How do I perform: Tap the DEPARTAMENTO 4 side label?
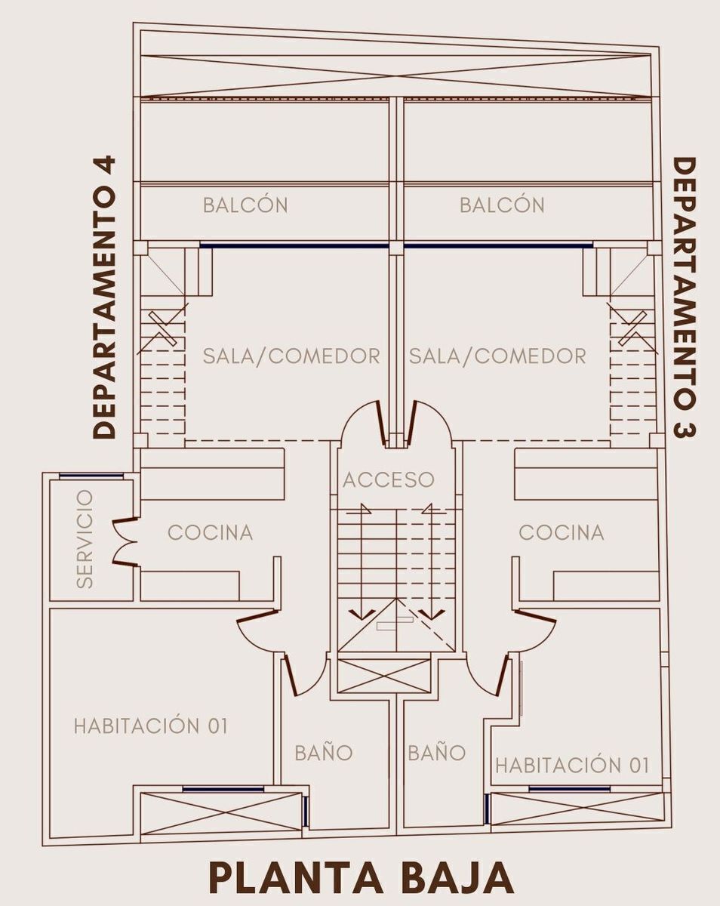click(103, 297)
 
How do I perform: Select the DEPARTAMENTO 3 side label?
click(685, 298)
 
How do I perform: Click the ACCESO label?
click(389, 480)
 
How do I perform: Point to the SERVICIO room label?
click(85, 539)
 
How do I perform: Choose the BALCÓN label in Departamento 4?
click(245, 205)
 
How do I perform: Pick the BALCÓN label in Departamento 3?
click(502, 205)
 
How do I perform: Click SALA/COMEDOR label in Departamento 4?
click(291, 356)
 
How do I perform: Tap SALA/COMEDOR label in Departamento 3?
click(498, 356)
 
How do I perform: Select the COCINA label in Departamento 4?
click(211, 533)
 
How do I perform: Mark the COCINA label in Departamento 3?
click(562, 533)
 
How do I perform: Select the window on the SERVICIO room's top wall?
click(91, 476)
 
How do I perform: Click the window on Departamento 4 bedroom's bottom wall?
click(223, 790)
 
